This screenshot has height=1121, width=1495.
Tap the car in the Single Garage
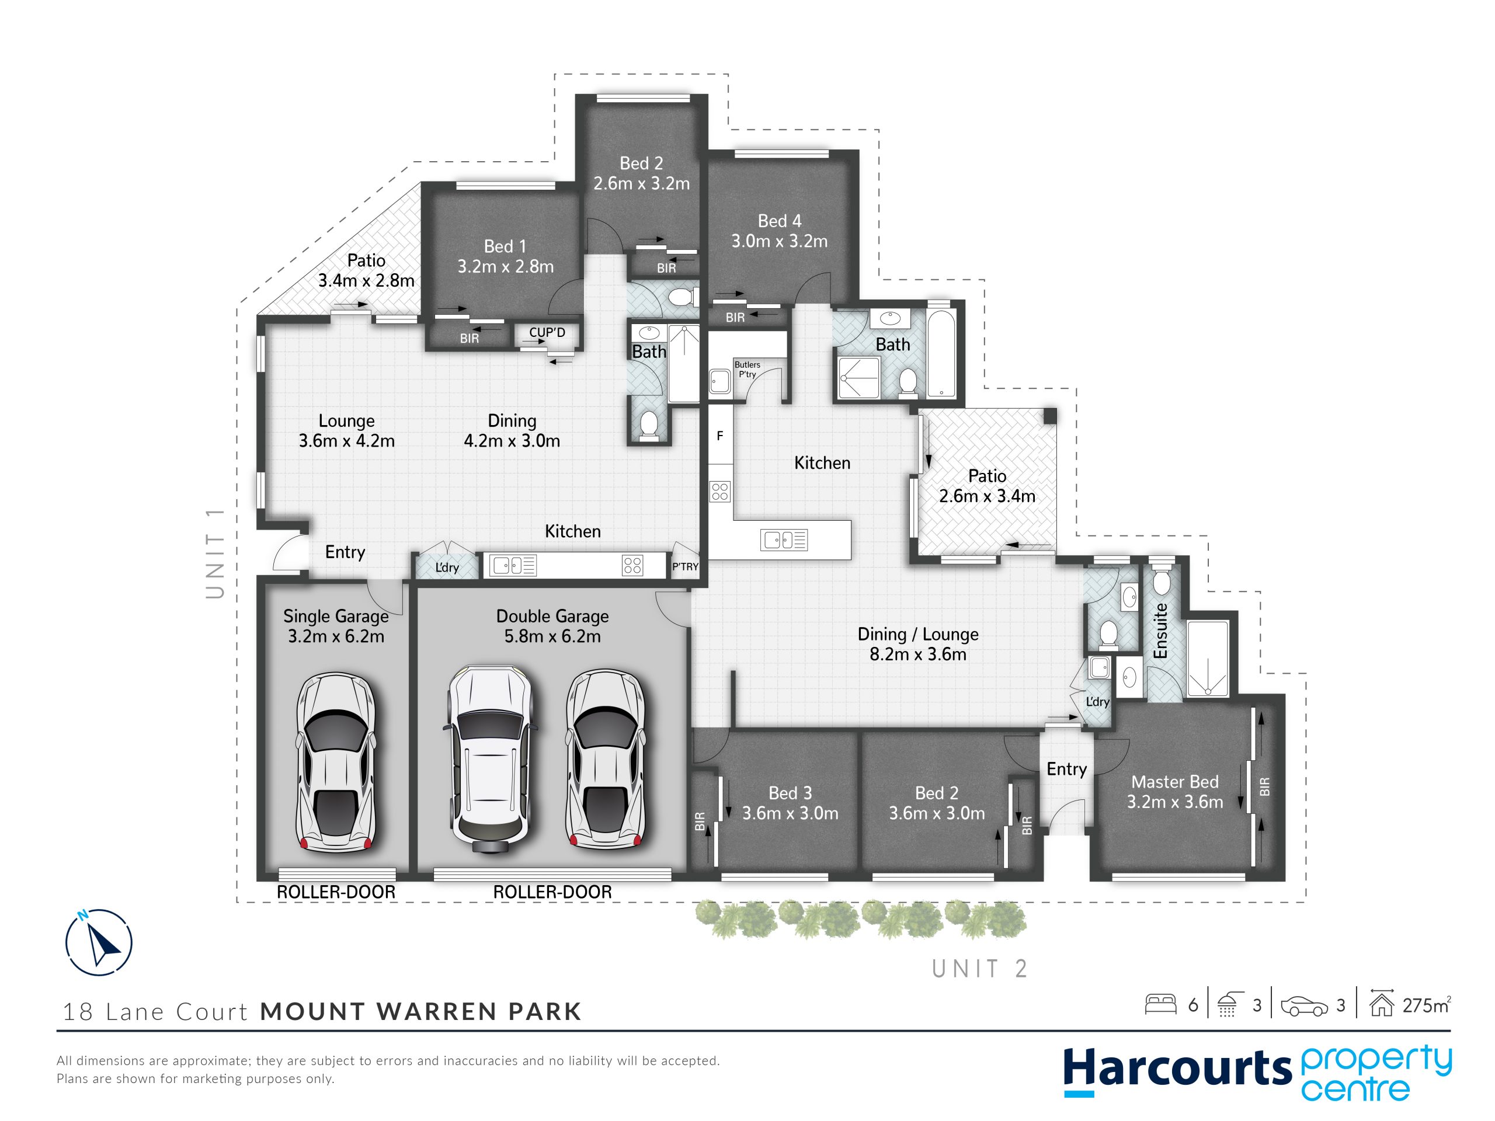(336, 761)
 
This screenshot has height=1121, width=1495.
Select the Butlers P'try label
(747, 370)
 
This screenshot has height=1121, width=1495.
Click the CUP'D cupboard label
(547, 332)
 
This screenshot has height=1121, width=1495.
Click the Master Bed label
(1174, 782)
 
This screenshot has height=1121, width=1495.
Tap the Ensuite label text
(1160, 631)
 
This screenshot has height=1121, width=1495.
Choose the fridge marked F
(720, 435)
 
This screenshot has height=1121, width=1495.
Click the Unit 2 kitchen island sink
(784, 540)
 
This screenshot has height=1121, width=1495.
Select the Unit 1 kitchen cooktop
(632, 566)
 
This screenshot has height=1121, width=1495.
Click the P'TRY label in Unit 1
(684, 567)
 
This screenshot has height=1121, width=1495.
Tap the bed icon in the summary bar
(1161, 1005)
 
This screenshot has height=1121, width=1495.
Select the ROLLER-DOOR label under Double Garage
(552, 892)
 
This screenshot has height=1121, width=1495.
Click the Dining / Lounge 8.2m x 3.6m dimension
(918, 654)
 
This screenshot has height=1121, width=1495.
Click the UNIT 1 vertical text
(215, 553)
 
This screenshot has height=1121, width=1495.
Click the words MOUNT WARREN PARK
(420, 1012)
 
